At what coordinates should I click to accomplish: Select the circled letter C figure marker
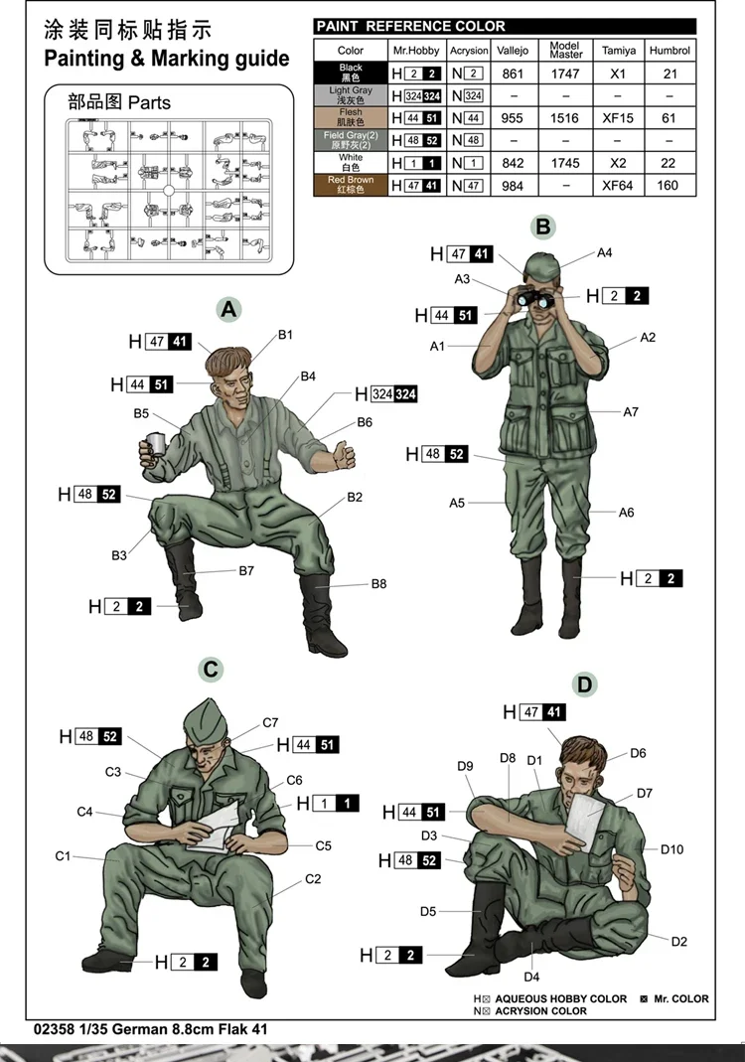pos(211,670)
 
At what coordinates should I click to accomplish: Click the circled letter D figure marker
pos(584,683)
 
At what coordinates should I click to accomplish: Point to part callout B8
pos(378,584)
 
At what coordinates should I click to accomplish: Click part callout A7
pos(631,411)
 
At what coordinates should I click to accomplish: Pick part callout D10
pos(672,849)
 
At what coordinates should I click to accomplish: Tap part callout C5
pos(323,845)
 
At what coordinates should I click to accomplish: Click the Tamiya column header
pos(618,50)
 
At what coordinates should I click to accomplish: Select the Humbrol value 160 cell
pos(669,186)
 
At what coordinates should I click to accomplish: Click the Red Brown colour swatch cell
pos(351,185)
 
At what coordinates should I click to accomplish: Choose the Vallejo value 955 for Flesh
pos(513,118)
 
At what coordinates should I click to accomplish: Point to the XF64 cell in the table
pos(618,186)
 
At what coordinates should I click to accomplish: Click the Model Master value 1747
pos(565,74)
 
